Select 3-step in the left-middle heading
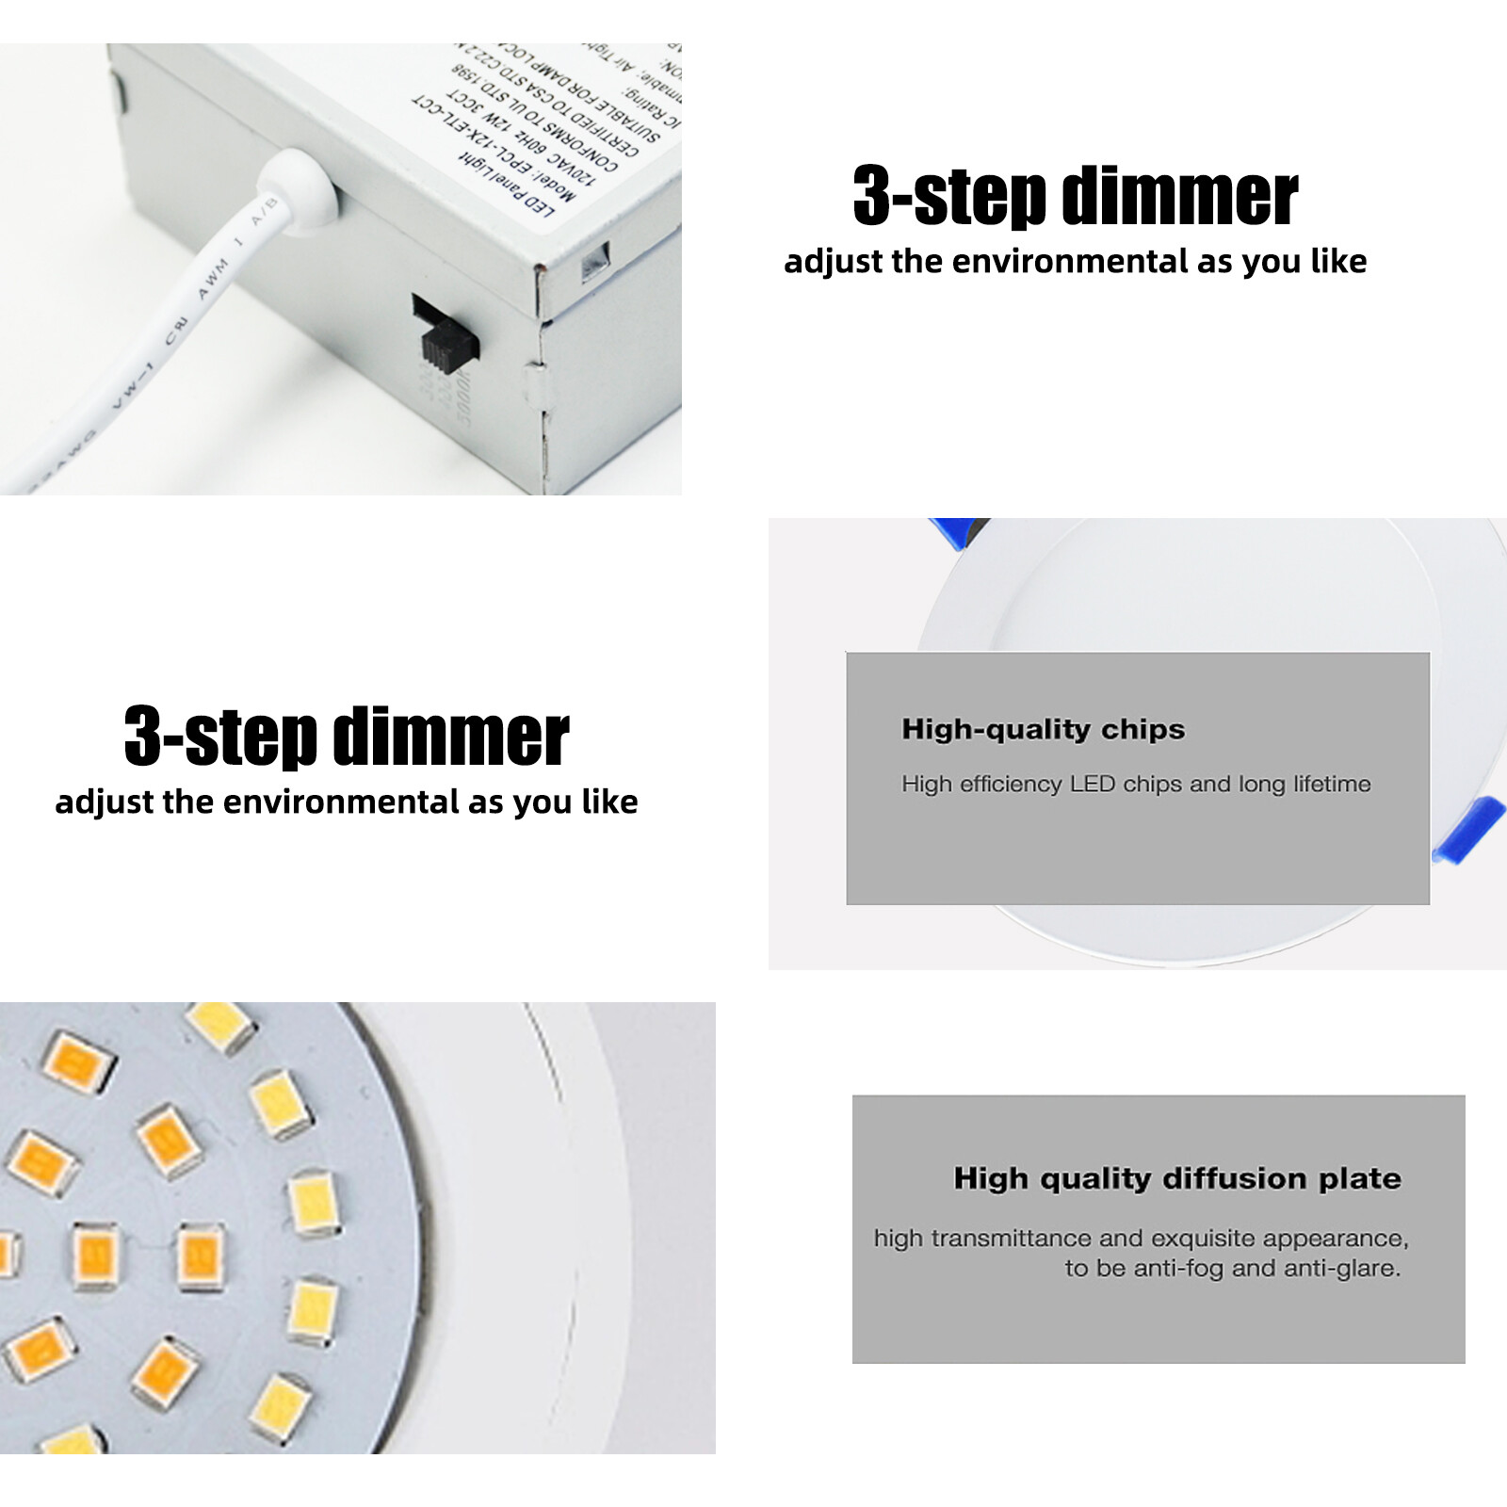click(220, 737)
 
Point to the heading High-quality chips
click(1043, 729)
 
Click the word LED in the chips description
click(1092, 784)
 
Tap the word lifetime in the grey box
click(1332, 784)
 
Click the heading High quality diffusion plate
click(1176, 1178)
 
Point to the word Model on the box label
click(554, 182)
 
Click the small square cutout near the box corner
click(595, 262)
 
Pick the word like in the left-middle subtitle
click(609, 802)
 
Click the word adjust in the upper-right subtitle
click(834, 262)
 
